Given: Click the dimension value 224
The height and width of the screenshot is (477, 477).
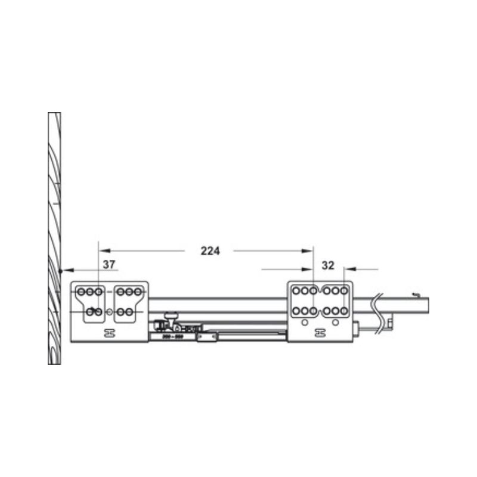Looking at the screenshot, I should (210, 251).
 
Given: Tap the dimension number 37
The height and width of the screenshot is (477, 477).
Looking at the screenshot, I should (109, 264).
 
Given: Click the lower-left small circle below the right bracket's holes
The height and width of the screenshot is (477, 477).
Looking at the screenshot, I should (305, 323).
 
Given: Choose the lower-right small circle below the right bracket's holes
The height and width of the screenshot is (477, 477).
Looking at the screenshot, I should (336, 323).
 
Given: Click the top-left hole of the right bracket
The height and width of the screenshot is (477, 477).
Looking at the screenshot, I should (295, 292).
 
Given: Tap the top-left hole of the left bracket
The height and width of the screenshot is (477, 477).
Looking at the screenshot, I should (82, 292).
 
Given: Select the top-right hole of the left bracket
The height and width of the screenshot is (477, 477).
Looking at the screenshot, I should (138, 292).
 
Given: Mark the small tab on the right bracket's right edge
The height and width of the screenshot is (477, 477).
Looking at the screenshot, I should (356, 327).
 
